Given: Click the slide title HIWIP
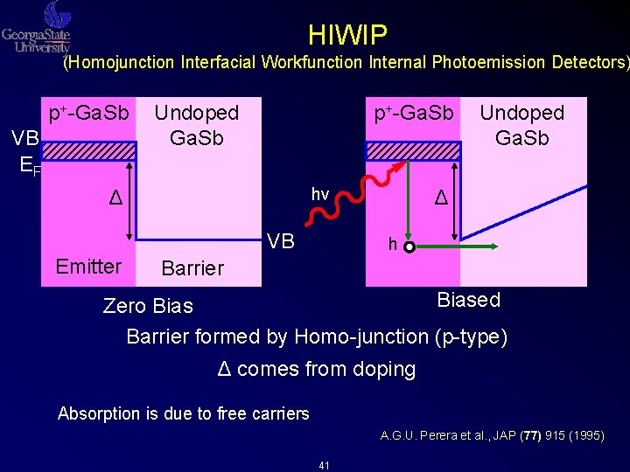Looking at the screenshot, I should tap(347, 35).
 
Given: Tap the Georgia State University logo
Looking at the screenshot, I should tap(37, 28).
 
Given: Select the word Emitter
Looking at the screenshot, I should tap(88, 266).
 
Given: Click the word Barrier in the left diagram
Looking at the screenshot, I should tap(192, 267).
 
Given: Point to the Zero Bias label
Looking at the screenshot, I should tap(148, 306).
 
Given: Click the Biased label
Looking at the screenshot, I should tap(468, 300).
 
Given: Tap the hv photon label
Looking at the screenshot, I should tap(320, 194).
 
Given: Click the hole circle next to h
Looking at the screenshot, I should tap(409, 247).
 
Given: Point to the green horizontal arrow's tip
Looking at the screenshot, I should tap(496, 247).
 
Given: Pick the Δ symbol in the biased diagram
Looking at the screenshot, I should tap(442, 198).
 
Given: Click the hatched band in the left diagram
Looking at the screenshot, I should tap(90, 151).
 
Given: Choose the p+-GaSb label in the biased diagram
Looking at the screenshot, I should tap(413, 114).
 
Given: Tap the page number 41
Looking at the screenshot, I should tap(324, 465).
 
